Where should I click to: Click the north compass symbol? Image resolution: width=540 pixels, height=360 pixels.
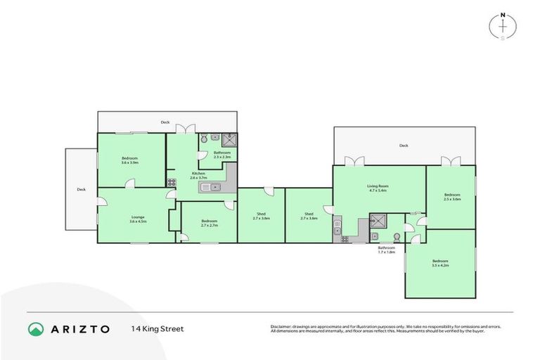point(503,26)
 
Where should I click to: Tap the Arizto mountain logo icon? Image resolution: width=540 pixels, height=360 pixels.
point(37,329)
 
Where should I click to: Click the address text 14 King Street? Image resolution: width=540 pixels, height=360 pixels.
point(156,329)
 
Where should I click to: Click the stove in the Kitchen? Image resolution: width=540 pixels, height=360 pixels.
point(172,182)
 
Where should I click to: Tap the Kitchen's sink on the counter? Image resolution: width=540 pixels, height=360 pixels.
point(214,186)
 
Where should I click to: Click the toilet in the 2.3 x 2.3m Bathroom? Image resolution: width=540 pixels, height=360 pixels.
point(203,139)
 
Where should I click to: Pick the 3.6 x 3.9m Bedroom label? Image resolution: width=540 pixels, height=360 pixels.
point(129,158)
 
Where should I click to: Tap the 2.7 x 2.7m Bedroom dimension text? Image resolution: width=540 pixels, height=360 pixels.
point(210,226)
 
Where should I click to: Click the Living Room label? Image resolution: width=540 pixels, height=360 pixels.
point(378,186)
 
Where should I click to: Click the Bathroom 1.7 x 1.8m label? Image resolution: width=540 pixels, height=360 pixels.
point(387,249)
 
